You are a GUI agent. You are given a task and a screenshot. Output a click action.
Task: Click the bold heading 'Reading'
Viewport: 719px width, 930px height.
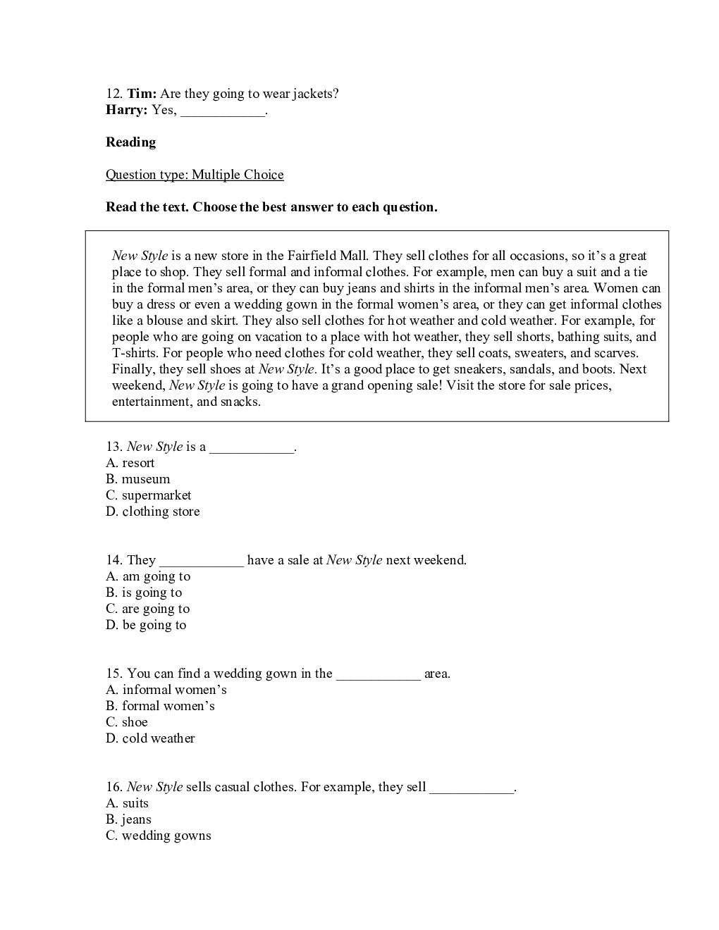(x=130, y=142)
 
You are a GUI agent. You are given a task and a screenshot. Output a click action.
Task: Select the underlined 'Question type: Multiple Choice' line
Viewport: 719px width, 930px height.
(x=195, y=175)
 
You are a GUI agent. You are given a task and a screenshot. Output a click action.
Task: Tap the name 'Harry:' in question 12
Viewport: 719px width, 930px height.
(x=127, y=110)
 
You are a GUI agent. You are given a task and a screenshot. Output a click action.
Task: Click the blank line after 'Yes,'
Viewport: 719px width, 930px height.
(x=223, y=111)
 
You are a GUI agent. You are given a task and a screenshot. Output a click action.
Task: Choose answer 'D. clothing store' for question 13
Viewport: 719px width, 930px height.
(x=153, y=512)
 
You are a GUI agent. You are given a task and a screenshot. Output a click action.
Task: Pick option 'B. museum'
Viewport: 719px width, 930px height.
(x=138, y=479)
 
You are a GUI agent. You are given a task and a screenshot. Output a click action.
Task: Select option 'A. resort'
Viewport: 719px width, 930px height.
(x=130, y=463)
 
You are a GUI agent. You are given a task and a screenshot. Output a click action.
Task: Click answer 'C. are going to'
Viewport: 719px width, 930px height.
(x=148, y=609)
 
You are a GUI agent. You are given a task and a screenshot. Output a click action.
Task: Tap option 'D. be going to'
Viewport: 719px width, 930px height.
(x=146, y=625)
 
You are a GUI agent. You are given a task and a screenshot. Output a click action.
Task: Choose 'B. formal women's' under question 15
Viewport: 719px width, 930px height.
(x=160, y=706)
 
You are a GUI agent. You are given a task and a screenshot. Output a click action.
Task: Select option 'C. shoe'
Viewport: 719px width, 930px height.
(x=127, y=722)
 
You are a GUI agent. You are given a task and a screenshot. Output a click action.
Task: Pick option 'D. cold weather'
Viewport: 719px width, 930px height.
(x=150, y=738)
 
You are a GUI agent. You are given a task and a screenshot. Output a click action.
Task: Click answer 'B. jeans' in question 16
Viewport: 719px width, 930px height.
(x=128, y=819)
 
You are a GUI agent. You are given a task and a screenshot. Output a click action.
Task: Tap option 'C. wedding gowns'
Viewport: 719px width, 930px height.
(x=159, y=836)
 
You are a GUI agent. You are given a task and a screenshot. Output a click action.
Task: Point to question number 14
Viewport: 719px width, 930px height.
(x=114, y=560)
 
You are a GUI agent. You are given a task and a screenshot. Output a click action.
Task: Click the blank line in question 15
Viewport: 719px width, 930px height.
(x=379, y=674)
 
